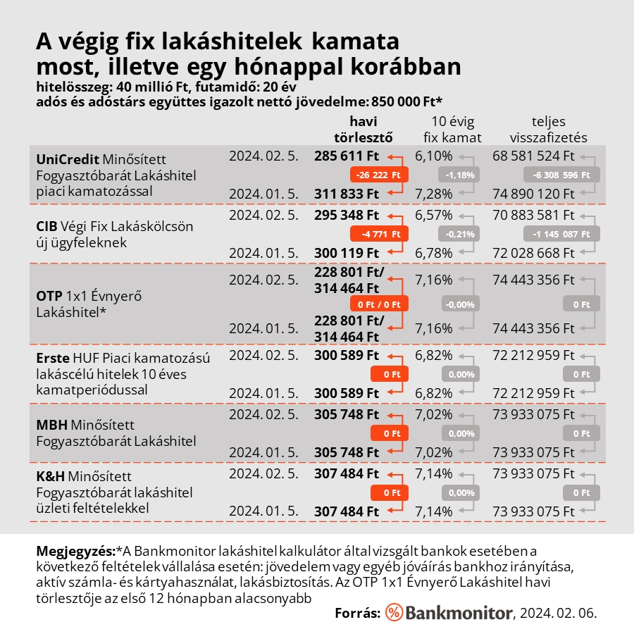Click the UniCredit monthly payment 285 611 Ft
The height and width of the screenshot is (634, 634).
click(347, 156)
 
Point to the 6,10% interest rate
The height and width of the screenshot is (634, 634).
click(433, 156)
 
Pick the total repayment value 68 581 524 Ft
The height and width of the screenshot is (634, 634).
click(534, 156)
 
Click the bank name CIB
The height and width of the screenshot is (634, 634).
click(46, 227)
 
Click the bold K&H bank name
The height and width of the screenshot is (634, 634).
click(50, 477)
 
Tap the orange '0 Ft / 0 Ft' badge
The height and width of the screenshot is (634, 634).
click(379, 304)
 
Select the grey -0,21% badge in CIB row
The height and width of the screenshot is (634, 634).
click(459, 234)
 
